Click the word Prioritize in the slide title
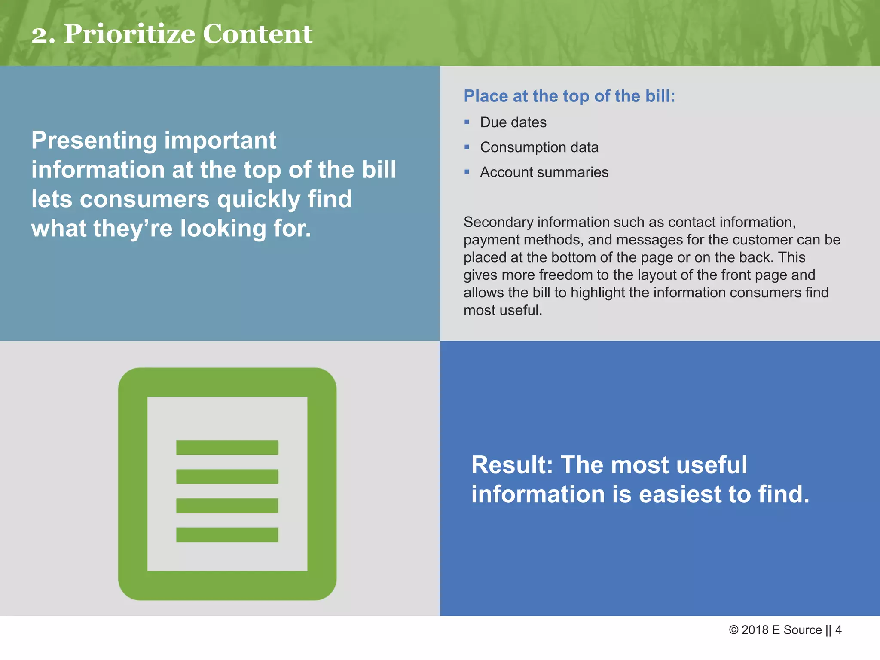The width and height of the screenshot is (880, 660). [x=129, y=34]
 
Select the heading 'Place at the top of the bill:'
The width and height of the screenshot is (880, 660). [x=569, y=96]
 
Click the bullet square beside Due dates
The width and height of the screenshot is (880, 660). [x=467, y=122]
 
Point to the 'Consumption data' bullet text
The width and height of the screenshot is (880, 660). [x=539, y=147]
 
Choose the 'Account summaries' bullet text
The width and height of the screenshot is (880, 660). [x=544, y=172]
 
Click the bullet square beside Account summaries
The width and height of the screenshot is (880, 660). [x=467, y=172]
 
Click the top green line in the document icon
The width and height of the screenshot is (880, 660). [x=227, y=448]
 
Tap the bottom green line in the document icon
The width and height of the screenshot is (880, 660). [x=227, y=535]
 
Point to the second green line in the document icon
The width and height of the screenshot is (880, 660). [x=227, y=477]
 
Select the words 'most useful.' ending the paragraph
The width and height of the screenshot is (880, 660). [x=503, y=310]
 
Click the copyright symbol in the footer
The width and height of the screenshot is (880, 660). [x=733, y=630]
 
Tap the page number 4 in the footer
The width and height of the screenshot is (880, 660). [x=838, y=630]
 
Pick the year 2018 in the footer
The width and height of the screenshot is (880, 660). [x=755, y=630]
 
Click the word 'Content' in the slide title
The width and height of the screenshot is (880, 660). [x=257, y=34]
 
